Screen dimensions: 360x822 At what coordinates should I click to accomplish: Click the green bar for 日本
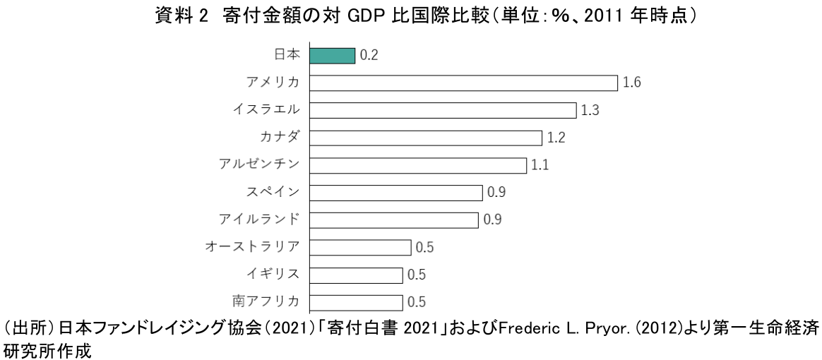pyautogui.click(x=332, y=56)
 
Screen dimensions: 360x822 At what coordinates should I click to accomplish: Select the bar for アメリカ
pyautogui.click(x=464, y=83)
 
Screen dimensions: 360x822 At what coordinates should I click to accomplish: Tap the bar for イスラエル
pyautogui.click(x=443, y=110)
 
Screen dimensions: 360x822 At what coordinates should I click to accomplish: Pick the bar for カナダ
pyautogui.click(x=426, y=138)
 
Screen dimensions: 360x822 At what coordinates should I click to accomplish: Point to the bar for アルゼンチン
pyautogui.click(x=418, y=165)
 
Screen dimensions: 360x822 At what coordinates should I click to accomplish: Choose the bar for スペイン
pyautogui.click(x=396, y=193)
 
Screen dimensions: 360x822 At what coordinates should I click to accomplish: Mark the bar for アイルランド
pyautogui.click(x=394, y=220)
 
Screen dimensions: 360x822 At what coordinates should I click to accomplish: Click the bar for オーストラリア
pyautogui.click(x=360, y=248)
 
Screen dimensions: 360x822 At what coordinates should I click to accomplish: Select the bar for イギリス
pyautogui.click(x=356, y=275)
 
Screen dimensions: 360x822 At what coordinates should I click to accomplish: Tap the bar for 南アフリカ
pyautogui.click(x=356, y=302)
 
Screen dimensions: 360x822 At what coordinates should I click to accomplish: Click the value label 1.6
pyautogui.click(x=631, y=83)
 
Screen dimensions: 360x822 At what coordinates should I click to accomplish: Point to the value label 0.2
pyautogui.click(x=369, y=56)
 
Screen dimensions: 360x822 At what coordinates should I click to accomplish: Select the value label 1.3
pyautogui.click(x=590, y=111)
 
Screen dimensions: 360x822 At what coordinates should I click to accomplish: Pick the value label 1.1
pyautogui.click(x=540, y=166)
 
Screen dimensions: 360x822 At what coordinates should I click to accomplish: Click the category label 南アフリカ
pyautogui.click(x=266, y=301)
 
